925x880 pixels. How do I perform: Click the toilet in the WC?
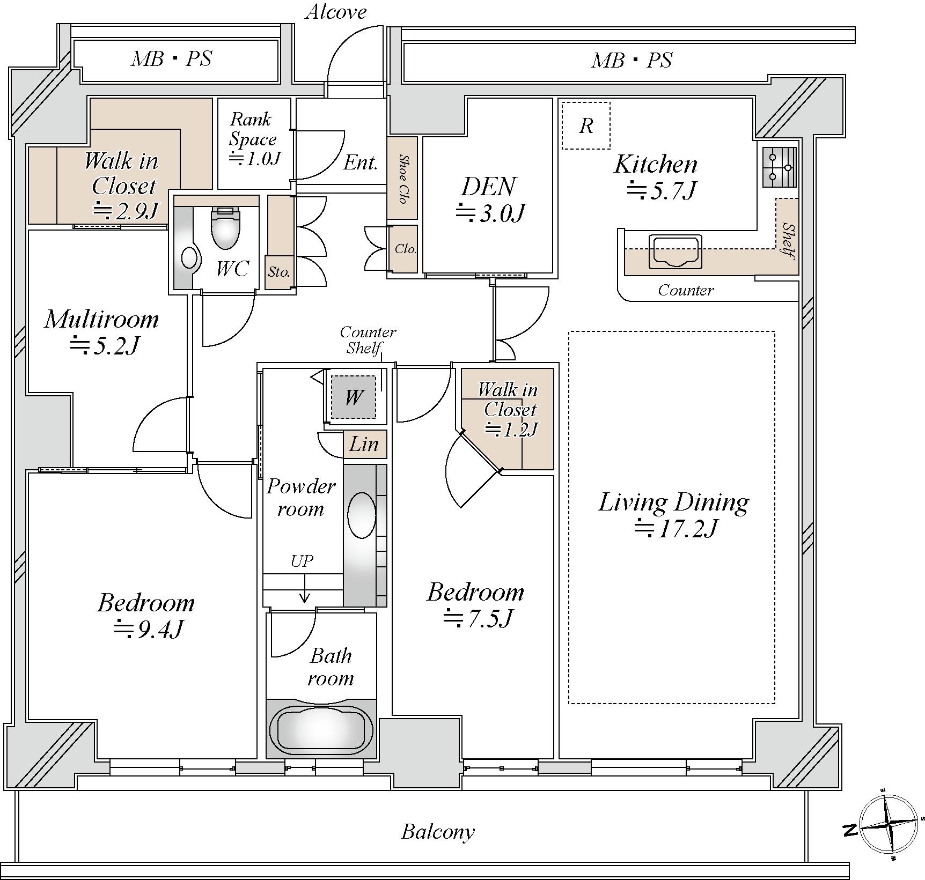(x=225, y=228)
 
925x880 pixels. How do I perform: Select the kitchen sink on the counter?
(x=676, y=251)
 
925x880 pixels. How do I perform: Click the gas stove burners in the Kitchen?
(x=779, y=167)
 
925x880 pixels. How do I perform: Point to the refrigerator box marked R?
(x=586, y=126)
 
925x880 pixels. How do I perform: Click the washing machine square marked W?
(x=353, y=397)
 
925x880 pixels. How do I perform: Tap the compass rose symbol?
(x=889, y=823)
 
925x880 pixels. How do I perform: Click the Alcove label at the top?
(x=336, y=12)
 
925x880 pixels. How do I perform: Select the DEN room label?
(x=488, y=187)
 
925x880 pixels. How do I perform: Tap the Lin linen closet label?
(x=364, y=444)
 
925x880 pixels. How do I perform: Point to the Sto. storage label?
(x=279, y=272)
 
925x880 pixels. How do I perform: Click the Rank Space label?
(x=252, y=129)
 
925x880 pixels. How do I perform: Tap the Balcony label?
(x=438, y=832)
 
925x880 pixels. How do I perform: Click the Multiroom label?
(x=102, y=320)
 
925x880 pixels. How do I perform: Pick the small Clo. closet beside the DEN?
(x=405, y=249)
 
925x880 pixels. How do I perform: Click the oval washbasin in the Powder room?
(x=361, y=514)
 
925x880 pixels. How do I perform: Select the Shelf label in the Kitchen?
(x=788, y=241)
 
